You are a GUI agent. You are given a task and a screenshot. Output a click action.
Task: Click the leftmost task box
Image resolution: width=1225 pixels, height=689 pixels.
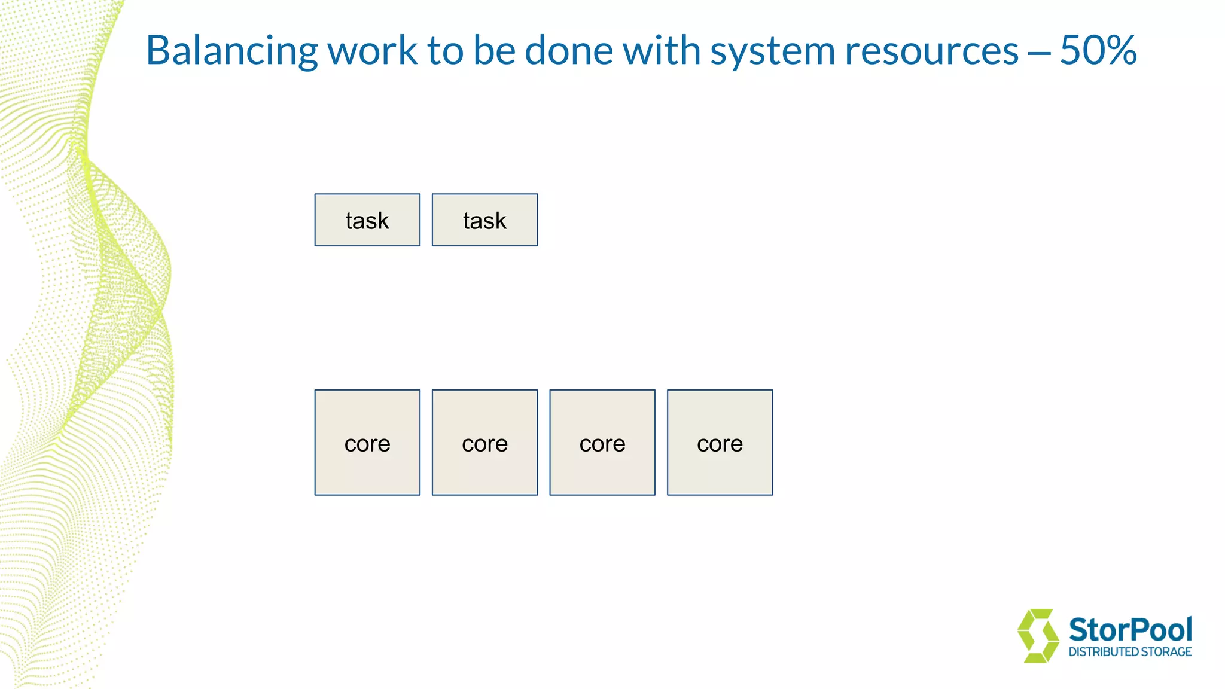[x=367, y=220]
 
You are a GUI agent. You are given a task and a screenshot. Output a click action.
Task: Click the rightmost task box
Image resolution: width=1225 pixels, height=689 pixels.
[x=484, y=220]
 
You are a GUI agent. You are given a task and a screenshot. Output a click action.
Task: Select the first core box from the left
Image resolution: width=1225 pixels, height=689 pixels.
[x=367, y=443]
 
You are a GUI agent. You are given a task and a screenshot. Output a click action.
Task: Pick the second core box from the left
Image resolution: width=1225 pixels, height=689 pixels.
[x=484, y=443]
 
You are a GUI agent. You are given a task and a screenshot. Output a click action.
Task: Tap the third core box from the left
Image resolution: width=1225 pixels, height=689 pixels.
[x=602, y=443]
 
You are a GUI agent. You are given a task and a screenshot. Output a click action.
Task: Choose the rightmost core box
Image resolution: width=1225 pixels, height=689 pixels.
[x=720, y=443]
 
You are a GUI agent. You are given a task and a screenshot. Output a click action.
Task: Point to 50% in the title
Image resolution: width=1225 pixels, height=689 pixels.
[x=1098, y=51]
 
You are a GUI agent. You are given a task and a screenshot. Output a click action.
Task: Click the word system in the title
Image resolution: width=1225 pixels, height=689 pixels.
[x=772, y=51]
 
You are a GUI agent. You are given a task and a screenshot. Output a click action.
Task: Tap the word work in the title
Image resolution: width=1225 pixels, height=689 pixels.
[x=372, y=51]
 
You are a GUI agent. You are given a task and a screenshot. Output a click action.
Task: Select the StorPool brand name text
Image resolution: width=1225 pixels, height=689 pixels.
[x=1130, y=630]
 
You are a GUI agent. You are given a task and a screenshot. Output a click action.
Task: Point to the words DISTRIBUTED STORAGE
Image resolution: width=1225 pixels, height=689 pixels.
[x=1130, y=652]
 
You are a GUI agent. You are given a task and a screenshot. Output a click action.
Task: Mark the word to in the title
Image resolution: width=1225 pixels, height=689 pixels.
[x=444, y=51]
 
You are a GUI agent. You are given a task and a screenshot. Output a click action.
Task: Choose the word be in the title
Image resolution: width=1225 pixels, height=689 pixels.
[x=494, y=51]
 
